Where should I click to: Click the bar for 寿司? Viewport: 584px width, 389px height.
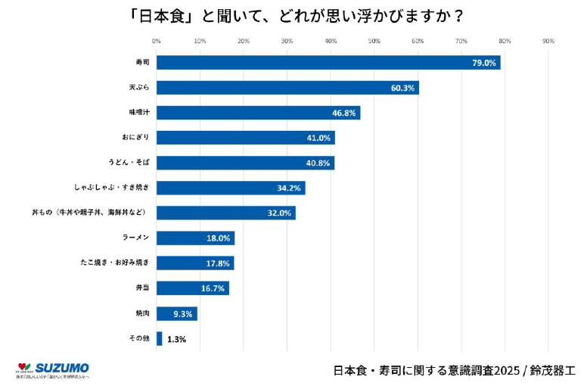tap(328, 63)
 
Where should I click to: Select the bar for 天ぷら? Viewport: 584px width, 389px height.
tap(287, 88)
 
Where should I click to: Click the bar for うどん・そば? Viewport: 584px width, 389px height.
tap(245, 163)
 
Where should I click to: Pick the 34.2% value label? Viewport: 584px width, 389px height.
tap(289, 188)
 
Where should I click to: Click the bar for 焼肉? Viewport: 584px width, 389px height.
tap(176, 313)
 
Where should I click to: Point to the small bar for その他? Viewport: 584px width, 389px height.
tap(159, 338)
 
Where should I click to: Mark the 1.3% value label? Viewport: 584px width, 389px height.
tap(176, 339)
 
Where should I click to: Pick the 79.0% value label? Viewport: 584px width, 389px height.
tap(483, 63)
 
